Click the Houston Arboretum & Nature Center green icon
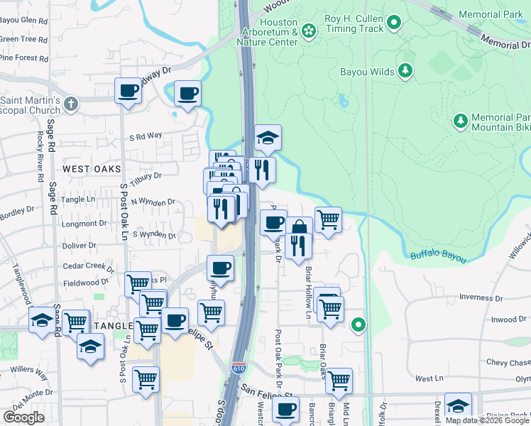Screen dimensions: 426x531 point(308,31)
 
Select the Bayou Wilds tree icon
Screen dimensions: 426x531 point(405,70)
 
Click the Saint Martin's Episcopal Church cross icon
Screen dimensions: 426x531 point(70,105)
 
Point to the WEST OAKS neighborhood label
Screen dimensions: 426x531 point(92,169)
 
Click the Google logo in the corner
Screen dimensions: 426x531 point(23,417)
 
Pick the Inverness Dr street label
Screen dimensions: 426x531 point(500,297)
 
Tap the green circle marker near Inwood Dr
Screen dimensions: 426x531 point(359,325)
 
